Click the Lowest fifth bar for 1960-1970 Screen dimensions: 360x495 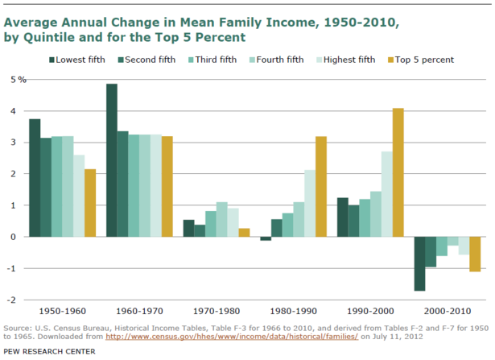[111, 160]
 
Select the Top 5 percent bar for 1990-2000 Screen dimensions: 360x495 [398, 172]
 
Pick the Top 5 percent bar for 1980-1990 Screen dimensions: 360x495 [320, 187]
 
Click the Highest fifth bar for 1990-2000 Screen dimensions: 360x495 [386, 194]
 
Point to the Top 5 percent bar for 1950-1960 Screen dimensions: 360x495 [89, 203]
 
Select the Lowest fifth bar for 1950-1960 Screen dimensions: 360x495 [35, 178]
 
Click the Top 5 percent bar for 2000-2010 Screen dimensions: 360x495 [475, 254]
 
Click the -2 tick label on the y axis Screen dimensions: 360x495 [12, 300]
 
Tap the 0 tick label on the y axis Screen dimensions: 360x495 [14, 237]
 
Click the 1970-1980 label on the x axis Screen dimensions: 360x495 [216, 310]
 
